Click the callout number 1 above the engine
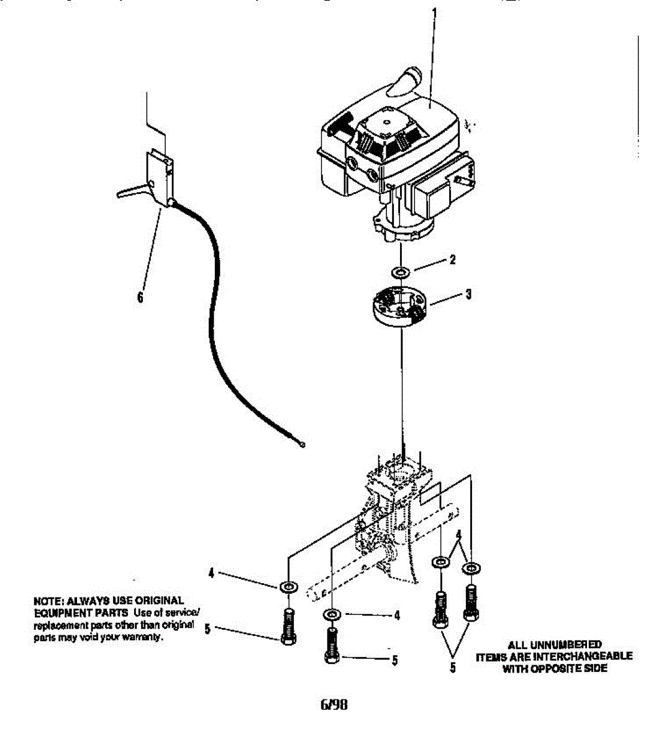[434, 12]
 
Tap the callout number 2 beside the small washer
[452, 260]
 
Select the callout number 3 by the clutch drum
[468, 294]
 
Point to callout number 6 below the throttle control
[140, 297]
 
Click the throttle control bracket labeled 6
[159, 177]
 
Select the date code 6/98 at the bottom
[334, 704]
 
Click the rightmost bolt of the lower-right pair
[472, 603]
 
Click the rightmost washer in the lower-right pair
[472, 567]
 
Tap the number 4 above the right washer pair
[459, 535]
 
